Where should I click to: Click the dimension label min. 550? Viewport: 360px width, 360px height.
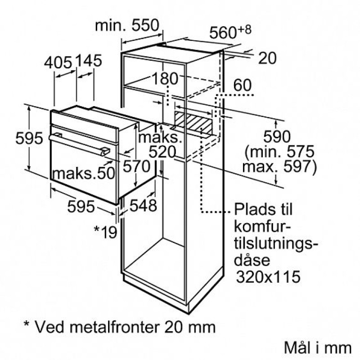(x=127, y=25)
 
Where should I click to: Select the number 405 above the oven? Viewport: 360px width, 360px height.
(x=58, y=63)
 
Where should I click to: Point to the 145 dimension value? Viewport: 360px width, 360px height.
(x=88, y=60)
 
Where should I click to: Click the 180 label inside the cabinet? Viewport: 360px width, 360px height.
(x=165, y=78)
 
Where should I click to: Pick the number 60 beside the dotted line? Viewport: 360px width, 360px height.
(x=243, y=85)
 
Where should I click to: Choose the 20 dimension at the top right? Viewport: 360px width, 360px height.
(x=267, y=58)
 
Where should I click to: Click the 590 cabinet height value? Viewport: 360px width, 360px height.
(x=277, y=137)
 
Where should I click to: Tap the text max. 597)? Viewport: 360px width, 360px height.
(x=279, y=166)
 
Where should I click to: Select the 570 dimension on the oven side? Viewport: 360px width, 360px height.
(x=136, y=166)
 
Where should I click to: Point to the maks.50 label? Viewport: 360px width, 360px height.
(x=84, y=173)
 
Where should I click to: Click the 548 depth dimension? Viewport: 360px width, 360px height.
(x=143, y=205)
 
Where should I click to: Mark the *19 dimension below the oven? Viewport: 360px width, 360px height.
(x=106, y=232)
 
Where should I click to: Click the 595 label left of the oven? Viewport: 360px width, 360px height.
(x=29, y=138)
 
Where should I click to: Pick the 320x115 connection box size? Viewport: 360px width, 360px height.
(x=268, y=276)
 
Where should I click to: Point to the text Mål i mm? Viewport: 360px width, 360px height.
(x=318, y=347)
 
